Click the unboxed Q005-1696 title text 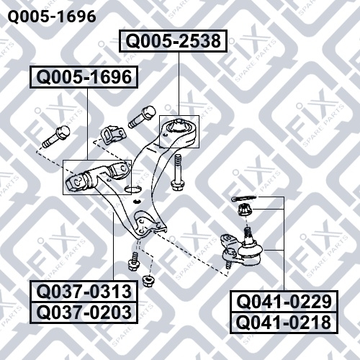52,17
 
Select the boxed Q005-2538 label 173,41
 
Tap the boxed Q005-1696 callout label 84,77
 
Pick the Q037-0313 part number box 84,292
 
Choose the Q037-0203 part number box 84,312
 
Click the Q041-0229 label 284,302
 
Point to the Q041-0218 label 284,323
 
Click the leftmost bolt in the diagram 56,137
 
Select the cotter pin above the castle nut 244,198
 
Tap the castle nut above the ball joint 244,210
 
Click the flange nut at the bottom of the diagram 148,281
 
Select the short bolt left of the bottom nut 134,261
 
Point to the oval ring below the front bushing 132,189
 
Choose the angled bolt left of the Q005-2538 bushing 142,117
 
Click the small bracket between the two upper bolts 113,135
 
